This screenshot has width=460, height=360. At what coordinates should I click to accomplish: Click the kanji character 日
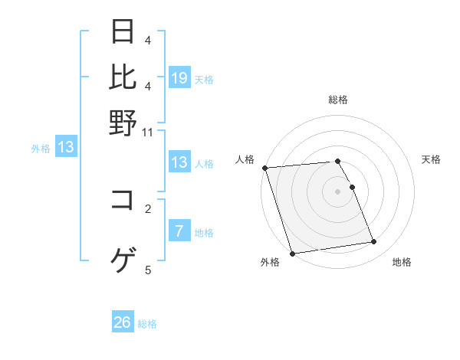click(123, 32)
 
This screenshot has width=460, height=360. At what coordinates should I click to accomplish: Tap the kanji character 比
click(123, 77)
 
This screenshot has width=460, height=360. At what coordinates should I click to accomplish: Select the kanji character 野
click(123, 123)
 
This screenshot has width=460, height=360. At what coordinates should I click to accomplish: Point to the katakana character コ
click(123, 201)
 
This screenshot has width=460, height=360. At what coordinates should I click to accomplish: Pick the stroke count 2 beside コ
click(148, 208)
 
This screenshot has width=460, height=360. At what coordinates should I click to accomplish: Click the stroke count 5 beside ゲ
click(148, 270)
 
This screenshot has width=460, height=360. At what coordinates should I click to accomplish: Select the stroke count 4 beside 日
click(148, 40)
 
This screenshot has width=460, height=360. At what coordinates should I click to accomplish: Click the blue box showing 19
click(179, 78)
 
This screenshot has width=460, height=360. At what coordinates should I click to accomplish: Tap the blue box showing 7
click(179, 231)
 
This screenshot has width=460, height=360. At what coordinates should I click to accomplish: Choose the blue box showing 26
click(123, 322)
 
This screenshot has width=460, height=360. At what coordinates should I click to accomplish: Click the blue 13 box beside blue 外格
click(66, 147)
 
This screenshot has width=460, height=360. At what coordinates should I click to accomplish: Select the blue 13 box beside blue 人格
click(179, 162)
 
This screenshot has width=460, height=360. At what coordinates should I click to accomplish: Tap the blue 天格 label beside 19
click(204, 79)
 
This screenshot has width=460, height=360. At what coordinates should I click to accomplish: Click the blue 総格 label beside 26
click(147, 324)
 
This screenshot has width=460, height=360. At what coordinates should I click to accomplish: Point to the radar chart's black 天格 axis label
click(431, 159)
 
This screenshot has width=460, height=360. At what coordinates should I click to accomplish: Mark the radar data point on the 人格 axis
click(264, 168)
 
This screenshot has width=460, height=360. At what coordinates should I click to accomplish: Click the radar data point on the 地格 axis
click(374, 242)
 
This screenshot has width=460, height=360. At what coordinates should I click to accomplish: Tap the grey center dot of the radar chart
click(338, 191)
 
